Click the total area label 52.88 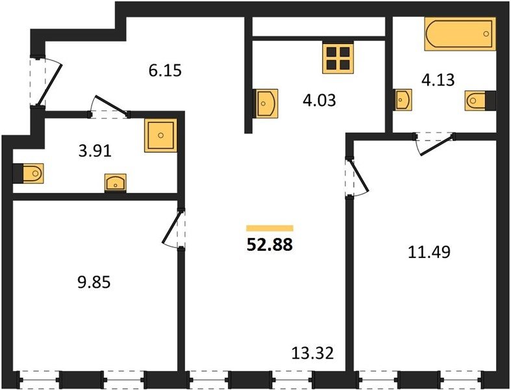pos(270,244)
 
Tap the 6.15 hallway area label pos(165,70)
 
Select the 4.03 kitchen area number pos(319,100)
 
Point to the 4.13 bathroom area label pos(438,80)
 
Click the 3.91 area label pos(95,151)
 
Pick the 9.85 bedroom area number pos(94,282)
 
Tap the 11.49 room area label pos(429,252)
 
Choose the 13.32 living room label pos(312,353)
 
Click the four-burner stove pos(338,58)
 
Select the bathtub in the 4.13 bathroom pos(460,34)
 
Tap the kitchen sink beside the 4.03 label pos(266,103)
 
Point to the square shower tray pos(160,135)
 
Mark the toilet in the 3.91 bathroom pos(28,172)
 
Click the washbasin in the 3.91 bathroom pos(116,183)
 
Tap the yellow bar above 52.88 pos(270,228)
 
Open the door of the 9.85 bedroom pos(173,228)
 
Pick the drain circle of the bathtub pos(486,33)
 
